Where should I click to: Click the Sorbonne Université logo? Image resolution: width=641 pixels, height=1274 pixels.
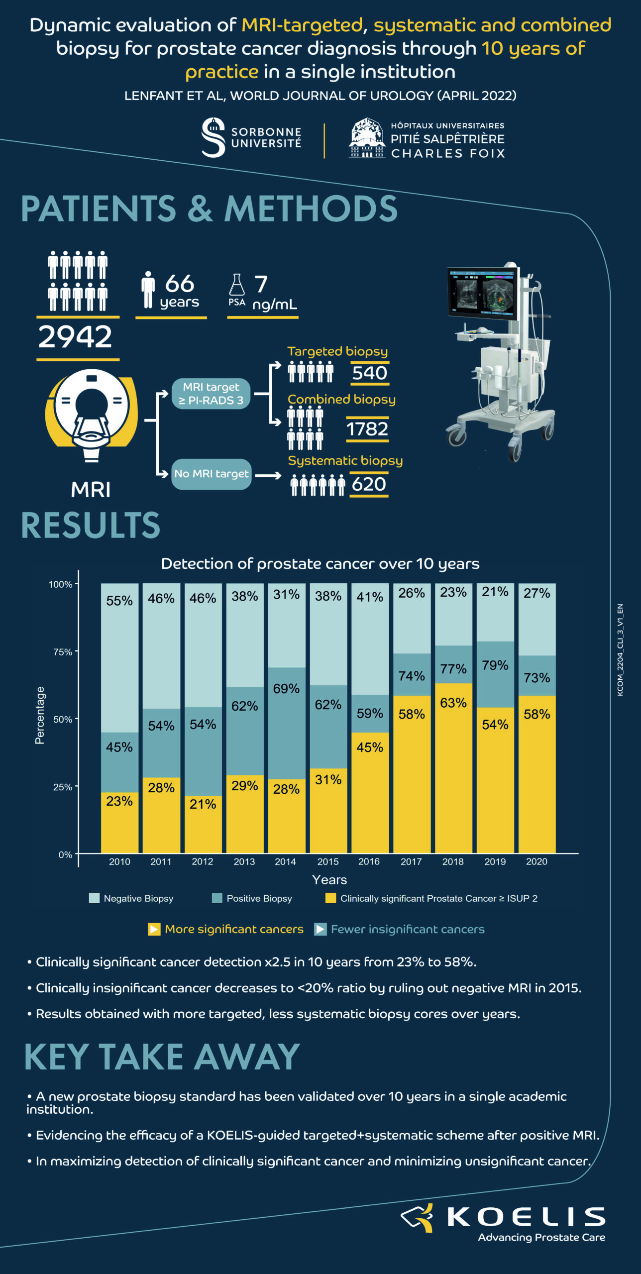point(251,138)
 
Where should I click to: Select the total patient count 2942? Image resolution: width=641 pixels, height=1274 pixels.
point(76,337)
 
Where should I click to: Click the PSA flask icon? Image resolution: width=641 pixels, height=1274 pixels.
point(236,285)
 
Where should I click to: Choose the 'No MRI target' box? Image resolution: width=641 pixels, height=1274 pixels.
point(211,474)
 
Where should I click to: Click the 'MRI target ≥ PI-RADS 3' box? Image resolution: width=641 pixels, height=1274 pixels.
point(211,394)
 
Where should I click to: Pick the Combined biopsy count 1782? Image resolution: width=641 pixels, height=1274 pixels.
point(367,429)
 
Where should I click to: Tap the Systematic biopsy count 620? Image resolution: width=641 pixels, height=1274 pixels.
point(369,484)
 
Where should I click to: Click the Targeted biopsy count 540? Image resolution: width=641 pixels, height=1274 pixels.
point(370,373)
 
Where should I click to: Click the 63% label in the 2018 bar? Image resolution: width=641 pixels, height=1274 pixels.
point(453,703)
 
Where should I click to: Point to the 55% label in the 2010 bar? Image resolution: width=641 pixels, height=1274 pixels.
point(119,601)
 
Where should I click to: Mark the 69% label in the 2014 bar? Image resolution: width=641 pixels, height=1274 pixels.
point(286,689)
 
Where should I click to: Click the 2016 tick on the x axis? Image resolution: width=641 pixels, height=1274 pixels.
point(369,861)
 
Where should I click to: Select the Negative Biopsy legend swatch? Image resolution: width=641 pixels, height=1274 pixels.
point(94,898)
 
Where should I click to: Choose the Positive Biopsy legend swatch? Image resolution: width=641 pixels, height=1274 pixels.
point(217,898)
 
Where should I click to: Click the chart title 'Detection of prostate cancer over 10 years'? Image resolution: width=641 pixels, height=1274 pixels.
point(320,563)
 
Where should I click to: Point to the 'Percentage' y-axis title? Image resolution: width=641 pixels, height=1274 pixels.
point(40,715)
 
